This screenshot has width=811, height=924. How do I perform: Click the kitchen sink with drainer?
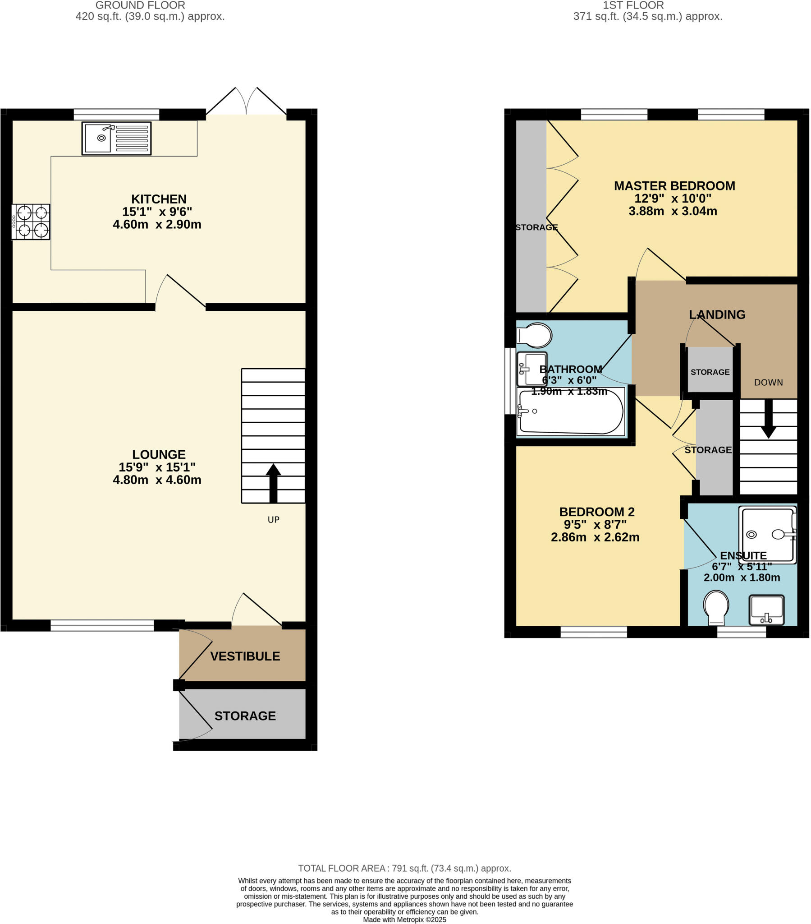click(x=116, y=139)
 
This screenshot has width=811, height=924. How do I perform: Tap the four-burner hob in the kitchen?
click(x=31, y=222)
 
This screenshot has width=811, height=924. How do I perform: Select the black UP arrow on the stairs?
click(x=273, y=483)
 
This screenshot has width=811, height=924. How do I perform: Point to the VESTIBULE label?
click(x=245, y=656)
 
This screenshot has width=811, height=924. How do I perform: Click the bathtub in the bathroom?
click(x=571, y=412)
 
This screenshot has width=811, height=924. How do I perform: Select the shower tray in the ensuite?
click(x=767, y=535)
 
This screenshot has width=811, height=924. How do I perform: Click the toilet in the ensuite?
click(x=716, y=606)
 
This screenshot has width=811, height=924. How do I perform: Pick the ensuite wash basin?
click(x=766, y=610)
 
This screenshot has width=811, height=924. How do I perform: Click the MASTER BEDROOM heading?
click(x=674, y=186)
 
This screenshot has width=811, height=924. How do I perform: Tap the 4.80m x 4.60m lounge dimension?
click(x=157, y=480)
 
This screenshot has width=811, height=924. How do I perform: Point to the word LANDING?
click(x=717, y=314)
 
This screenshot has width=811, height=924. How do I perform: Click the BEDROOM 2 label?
click(x=596, y=512)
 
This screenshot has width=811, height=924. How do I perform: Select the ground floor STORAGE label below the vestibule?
click(x=245, y=716)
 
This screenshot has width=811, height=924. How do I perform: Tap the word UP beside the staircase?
click(x=273, y=520)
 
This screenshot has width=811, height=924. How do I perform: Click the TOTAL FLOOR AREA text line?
click(x=404, y=869)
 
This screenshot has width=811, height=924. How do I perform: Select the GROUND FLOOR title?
click(x=140, y=5)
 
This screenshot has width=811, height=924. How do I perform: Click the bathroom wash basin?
click(x=532, y=369)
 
